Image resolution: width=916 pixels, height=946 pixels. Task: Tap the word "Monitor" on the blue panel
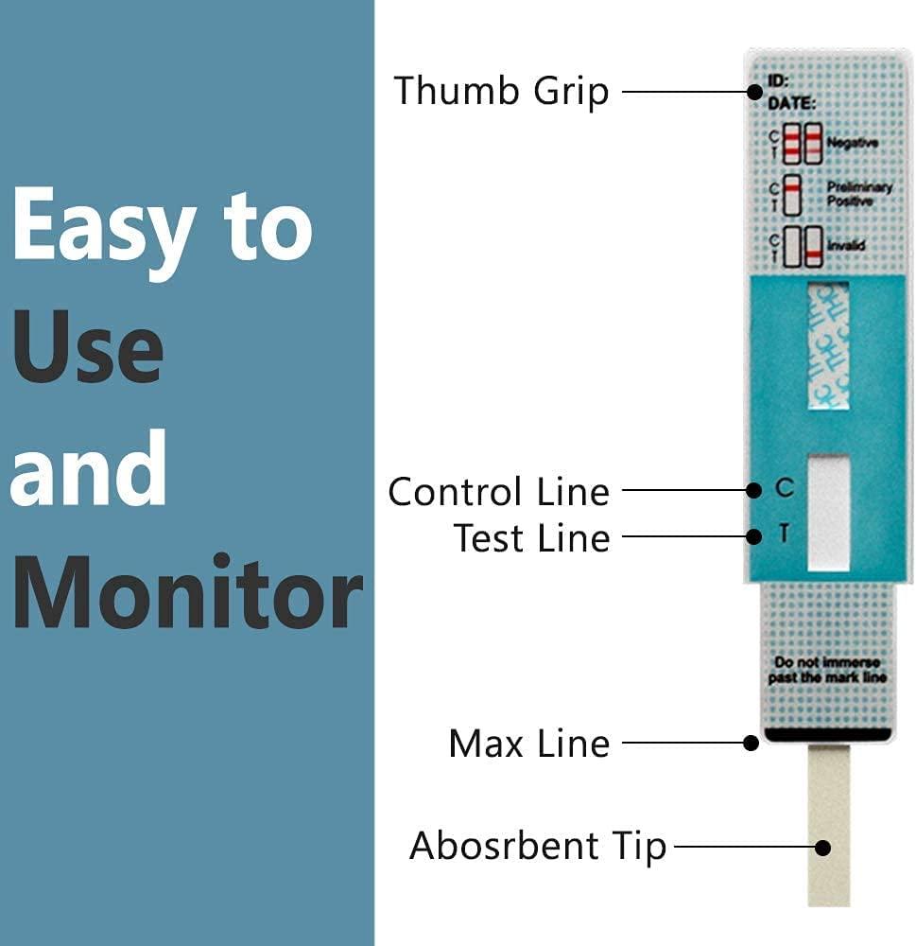(x=186, y=592)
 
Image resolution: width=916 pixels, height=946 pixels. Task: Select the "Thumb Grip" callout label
(x=501, y=92)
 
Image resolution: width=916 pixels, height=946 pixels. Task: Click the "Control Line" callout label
(x=498, y=492)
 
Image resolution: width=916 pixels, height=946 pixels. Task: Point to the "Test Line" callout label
(x=531, y=538)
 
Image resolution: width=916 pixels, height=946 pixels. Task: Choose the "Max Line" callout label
(x=528, y=744)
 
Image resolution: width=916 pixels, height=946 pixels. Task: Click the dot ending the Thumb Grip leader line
(x=754, y=92)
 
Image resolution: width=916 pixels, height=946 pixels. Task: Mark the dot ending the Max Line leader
(x=752, y=743)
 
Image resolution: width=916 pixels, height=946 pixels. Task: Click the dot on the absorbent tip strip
(x=824, y=847)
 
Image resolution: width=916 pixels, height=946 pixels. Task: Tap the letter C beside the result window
(x=784, y=489)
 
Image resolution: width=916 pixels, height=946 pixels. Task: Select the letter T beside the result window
(x=784, y=535)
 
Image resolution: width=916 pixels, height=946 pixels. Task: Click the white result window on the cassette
(x=829, y=512)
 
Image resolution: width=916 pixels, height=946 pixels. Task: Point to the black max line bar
(x=828, y=733)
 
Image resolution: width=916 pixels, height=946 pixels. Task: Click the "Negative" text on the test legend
(x=853, y=143)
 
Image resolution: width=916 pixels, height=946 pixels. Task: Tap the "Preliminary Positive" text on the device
(x=858, y=194)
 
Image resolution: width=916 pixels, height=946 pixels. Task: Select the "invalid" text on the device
(x=847, y=247)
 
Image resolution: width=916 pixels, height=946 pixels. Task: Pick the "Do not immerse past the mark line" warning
(x=829, y=670)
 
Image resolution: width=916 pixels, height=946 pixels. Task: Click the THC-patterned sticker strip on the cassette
(x=829, y=346)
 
